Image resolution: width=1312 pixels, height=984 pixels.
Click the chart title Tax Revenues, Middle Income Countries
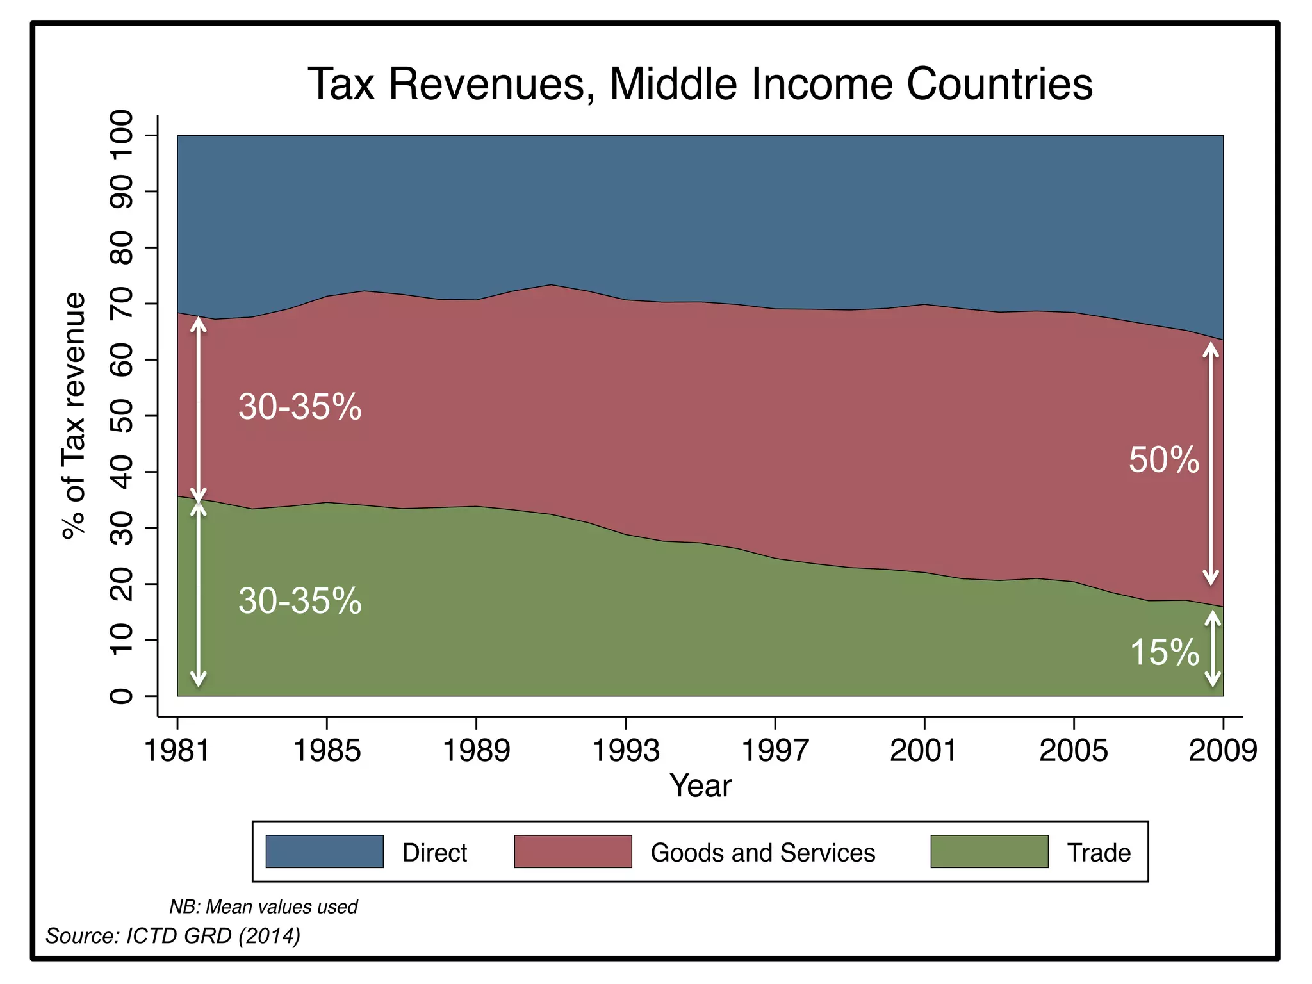click(700, 84)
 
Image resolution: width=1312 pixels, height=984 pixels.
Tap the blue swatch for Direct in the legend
click(324, 851)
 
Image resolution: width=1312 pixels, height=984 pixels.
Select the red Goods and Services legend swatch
click(573, 851)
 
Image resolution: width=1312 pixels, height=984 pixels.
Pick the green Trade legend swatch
click(989, 851)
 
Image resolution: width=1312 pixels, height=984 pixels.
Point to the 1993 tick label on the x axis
click(625, 750)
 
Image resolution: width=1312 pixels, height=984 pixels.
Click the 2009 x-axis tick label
click(1222, 750)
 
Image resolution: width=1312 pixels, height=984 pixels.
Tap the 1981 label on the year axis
click(177, 750)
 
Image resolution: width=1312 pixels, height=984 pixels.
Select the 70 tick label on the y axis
click(122, 304)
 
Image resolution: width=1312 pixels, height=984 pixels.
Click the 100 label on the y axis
click(122, 136)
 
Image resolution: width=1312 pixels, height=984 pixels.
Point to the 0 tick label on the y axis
click(122, 696)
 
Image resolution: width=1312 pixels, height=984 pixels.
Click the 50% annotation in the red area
click(1163, 460)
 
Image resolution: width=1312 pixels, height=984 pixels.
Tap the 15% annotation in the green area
click(1163, 652)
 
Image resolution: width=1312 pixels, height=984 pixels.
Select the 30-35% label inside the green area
click(300, 601)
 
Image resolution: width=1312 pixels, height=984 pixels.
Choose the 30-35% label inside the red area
click(300, 406)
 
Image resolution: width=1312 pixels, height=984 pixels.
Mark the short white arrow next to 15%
click(1213, 648)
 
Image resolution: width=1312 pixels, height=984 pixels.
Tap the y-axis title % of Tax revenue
click(74, 416)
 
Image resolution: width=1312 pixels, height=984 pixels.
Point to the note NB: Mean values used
click(263, 906)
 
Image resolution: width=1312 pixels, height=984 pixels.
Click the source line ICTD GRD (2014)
click(173, 936)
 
